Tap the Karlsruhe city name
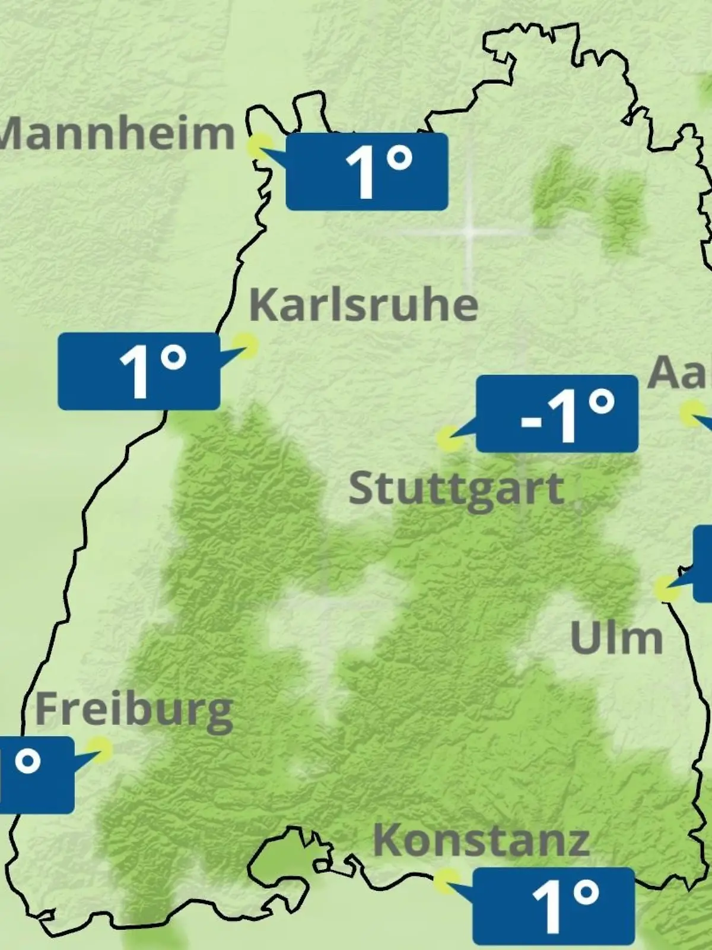[x=363, y=306]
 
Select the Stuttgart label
[x=456, y=490]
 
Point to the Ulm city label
[x=616, y=638]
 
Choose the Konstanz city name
[x=481, y=840]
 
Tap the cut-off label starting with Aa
[x=680, y=373]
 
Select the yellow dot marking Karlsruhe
[x=245, y=345]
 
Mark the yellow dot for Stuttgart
[x=449, y=439]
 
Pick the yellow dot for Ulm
[x=667, y=588]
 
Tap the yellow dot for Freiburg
[x=100, y=750]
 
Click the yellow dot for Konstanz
[x=447, y=881]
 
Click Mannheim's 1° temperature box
[x=367, y=172]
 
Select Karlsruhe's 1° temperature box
[x=139, y=371]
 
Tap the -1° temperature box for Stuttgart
[x=557, y=414]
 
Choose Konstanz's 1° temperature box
[x=554, y=906]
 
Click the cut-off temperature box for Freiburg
[x=36, y=775]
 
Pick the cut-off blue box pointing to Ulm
[x=703, y=564]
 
